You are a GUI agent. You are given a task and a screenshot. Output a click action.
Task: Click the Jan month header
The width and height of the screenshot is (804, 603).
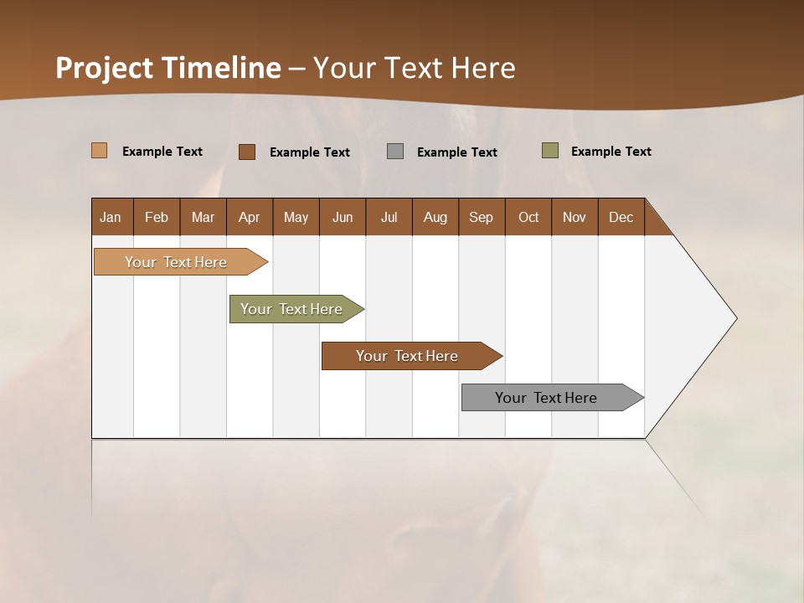[111, 217]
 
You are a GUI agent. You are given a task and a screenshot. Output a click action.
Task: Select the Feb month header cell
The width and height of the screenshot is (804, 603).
[157, 217]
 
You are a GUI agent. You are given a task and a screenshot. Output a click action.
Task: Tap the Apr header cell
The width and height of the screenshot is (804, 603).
[250, 217]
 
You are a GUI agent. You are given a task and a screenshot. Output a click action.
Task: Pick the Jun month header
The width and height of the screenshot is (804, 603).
[343, 217]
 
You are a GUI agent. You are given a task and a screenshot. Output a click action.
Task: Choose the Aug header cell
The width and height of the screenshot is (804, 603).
[435, 217]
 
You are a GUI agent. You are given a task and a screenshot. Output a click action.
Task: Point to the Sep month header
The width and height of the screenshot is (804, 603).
[482, 217]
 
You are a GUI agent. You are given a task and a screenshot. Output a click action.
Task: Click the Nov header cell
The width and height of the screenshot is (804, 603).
[575, 217]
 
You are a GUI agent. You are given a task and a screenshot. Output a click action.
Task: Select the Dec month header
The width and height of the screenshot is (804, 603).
[621, 217]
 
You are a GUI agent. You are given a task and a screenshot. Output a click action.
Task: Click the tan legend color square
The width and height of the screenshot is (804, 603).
[100, 151]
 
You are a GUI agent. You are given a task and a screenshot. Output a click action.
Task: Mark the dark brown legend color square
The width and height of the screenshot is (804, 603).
[247, 152]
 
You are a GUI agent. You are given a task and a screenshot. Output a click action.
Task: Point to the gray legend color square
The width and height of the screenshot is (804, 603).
[395, 152]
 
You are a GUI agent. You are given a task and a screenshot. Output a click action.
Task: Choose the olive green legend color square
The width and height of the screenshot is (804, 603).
[550, 151]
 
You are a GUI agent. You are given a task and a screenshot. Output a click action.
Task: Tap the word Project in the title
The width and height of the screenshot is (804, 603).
[104, 68]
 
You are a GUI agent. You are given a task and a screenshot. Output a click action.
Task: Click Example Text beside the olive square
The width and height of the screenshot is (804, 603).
[611, 152]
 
